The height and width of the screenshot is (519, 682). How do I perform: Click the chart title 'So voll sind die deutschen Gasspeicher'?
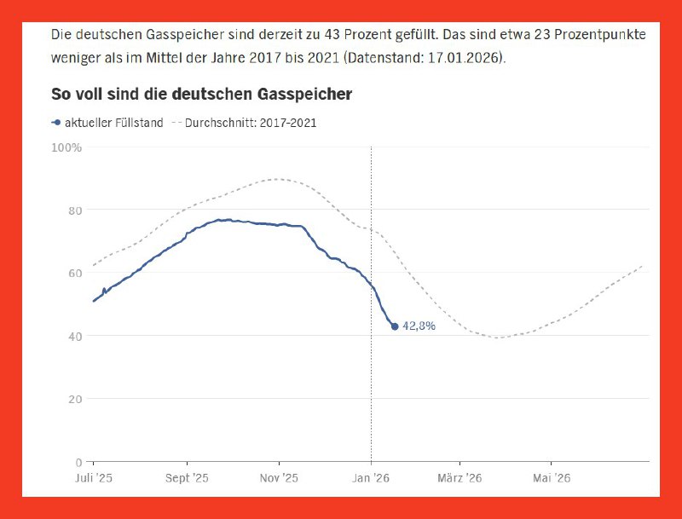[201, 94]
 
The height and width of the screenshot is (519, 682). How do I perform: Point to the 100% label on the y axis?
[66, 147]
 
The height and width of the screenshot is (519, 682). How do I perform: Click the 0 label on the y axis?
[78, 462]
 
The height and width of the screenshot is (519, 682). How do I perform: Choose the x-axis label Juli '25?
[93, 477]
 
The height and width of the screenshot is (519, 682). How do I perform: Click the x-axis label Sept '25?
[187, 477]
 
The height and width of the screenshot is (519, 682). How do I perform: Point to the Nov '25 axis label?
[279, 477]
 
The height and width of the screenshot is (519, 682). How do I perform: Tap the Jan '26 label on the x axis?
[370, 477]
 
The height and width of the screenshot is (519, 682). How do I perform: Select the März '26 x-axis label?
[460, 477]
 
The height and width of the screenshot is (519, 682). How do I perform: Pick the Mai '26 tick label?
[552, 477]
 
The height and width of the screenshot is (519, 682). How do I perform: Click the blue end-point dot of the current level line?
[394, 326]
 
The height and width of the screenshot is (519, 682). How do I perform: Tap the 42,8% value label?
[419, 326]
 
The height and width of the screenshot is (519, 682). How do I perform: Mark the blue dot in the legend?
[56, 123]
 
